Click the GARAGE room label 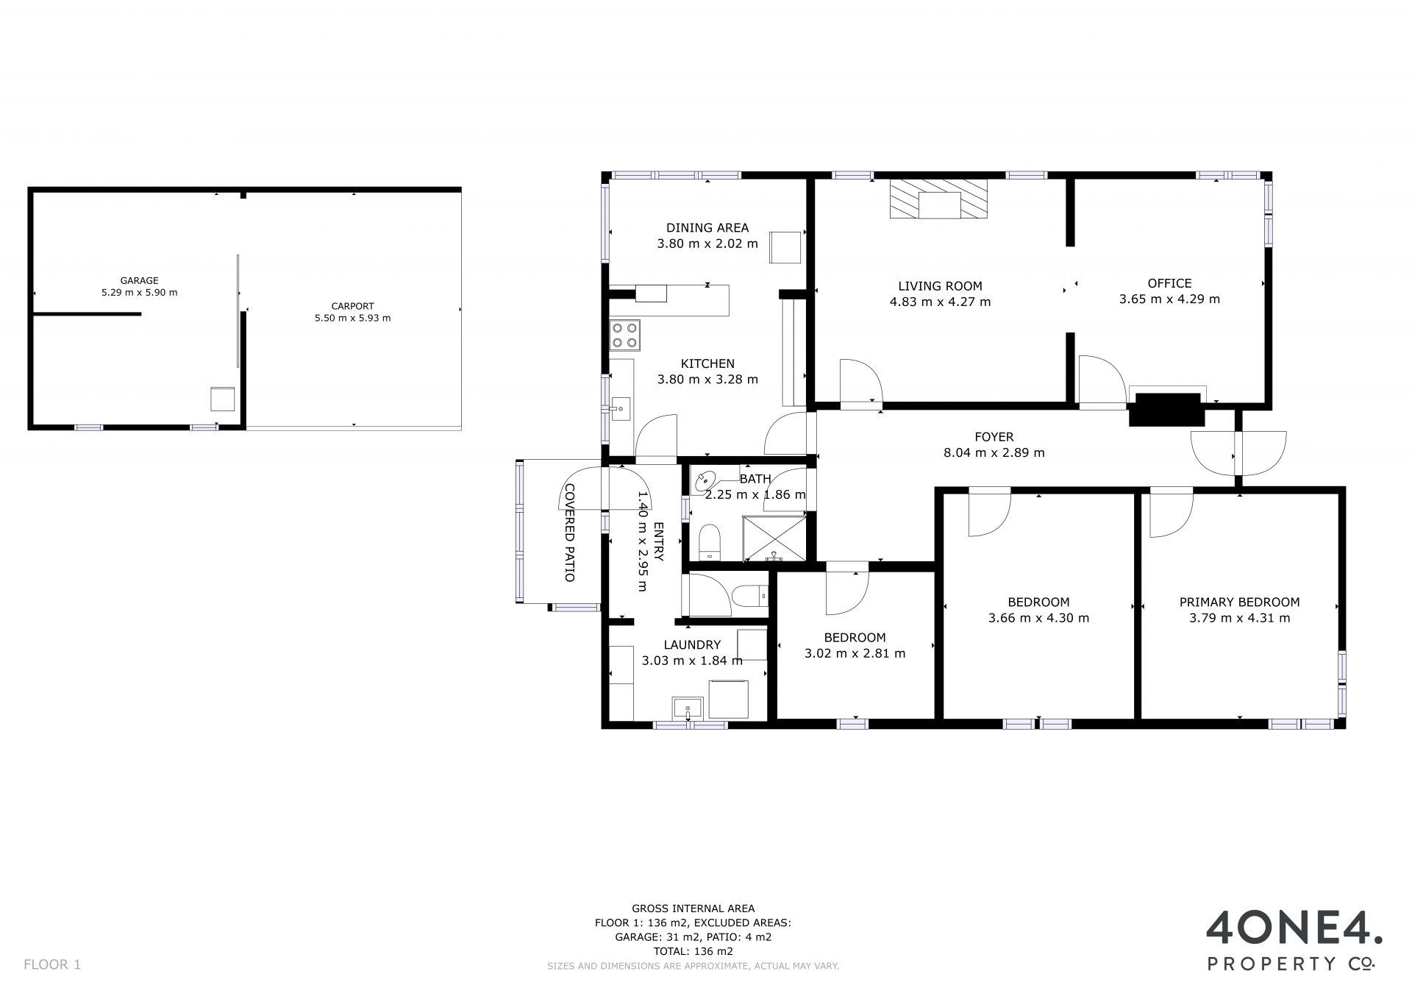click(x=140, y=280)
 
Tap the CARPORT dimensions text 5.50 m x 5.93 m click(x=353, y=319)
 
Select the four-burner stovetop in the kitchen click(x=625, y=335)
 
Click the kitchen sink click(x=621, y=408)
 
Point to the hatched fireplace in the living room click(x=939, y=199)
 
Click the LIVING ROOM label click(x=940, y=286)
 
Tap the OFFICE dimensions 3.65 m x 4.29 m click(x=1169, y=299)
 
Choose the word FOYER click(x=994, y=437)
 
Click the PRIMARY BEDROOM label click(x=1239, y=602)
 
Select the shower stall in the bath click(x=774, y=538)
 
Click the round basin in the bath click(x=705, y=482)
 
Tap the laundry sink click(x=688, y=708)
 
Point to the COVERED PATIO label click(x=569, y=533)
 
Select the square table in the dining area click(x=785, y=247)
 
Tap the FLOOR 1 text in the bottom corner click(x=52, y=964)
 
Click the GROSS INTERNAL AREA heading click(x=693, y=909)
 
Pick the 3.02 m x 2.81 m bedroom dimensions click(x=855, y=653)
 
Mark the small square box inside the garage click(x=223, y=398)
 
